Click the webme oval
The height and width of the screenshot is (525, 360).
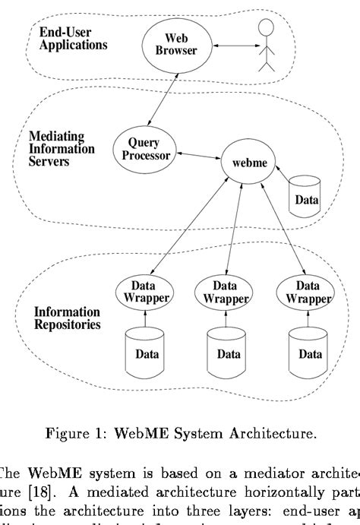click(x=238, y=163)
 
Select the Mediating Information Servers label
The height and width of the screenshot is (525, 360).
click(x=62, y=148)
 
